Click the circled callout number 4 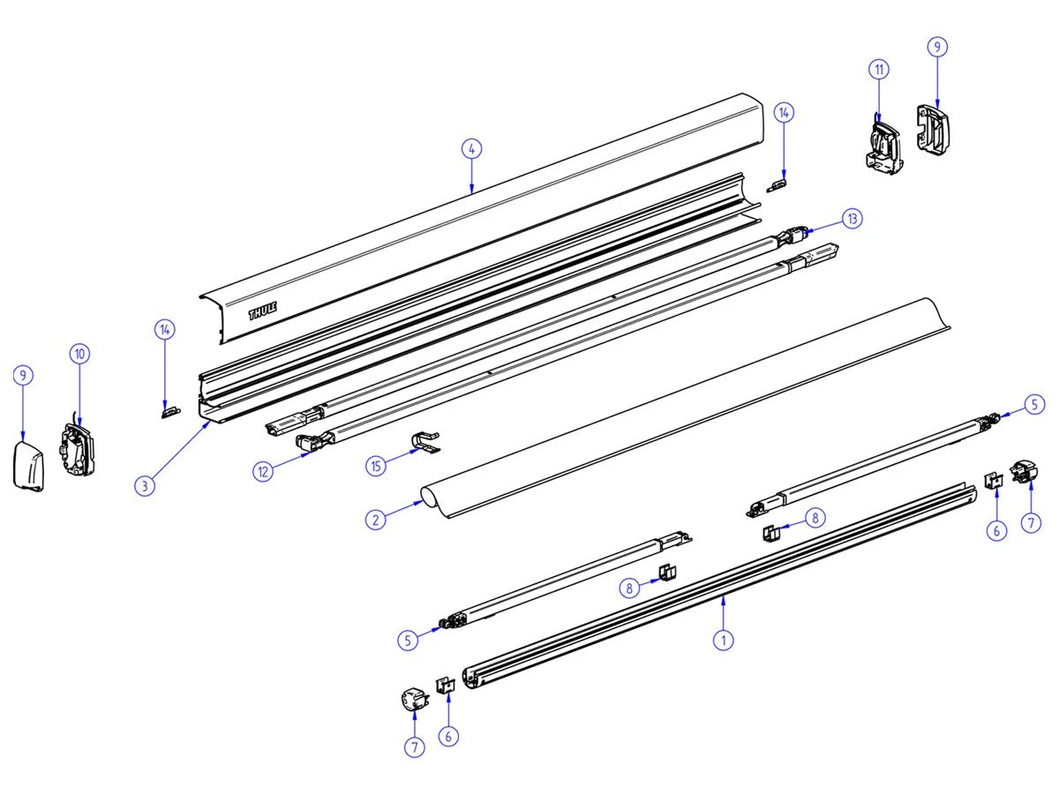point(472,149)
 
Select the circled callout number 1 point(724,640)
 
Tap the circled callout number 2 point(377,520)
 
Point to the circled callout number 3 point(146,484)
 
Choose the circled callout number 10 point(79,354)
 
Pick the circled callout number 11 point(878,69)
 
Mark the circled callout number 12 point(262,472)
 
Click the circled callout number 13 point(851,219)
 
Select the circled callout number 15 point(378,466)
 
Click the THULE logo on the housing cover point(262,310)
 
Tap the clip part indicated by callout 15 point(427,444)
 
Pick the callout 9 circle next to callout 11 point(936,48)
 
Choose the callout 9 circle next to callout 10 point(25,376)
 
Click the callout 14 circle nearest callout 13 point(785,112)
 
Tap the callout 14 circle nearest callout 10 point(165,329)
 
